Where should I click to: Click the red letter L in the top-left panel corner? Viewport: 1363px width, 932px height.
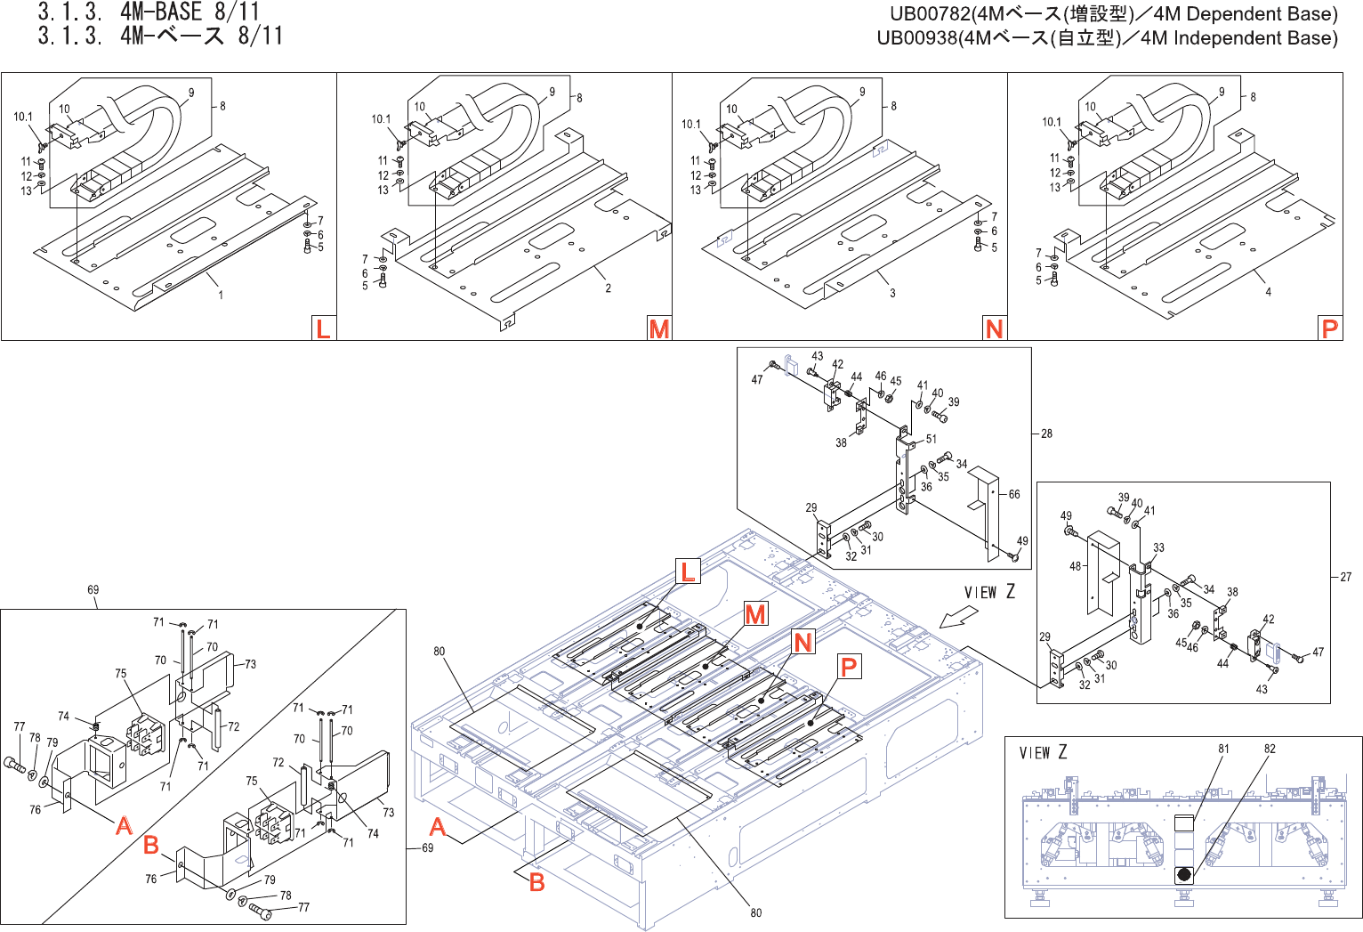tap(323, 328)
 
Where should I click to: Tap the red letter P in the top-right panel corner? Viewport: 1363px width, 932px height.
tap(1329, 328)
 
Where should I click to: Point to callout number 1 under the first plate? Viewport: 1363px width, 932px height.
tap(221, 295)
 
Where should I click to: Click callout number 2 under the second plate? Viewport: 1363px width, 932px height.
tap(609, 288)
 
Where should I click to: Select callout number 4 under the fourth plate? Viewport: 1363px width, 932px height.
tap(1269, 292)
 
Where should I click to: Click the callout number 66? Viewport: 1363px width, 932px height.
tap(1014, 494)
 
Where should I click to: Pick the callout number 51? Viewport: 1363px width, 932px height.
tap(931, 439)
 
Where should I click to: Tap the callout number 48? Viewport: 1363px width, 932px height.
tap(1076, 566)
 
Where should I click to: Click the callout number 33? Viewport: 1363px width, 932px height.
tap(1158, 548)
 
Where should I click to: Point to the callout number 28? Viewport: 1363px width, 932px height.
tap(1046, 434)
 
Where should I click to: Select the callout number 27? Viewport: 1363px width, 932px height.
tap(1345, 578)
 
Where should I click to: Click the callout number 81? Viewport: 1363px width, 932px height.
tap(1223, 750)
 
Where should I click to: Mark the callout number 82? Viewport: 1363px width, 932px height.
tap(1270, 750)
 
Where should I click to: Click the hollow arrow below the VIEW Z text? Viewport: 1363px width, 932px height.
tap(958, 616)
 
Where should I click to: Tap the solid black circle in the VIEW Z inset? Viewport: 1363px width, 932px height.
tap(1184, 874)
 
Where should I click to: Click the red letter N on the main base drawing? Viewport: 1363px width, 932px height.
tap(803, 642)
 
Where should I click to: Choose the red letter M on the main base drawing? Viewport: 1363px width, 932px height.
tap(755, 614)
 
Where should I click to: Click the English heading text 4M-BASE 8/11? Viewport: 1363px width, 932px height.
tap(190, 12)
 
